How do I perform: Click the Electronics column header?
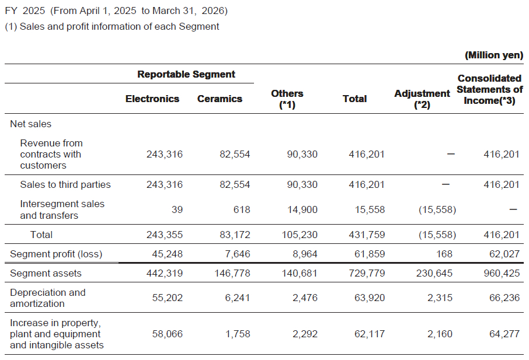tap(152, 99)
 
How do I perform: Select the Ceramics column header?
tap(220, 99)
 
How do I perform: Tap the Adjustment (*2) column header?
tap(422, 99)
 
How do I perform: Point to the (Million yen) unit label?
tap(494, 55)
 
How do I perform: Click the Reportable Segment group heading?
tap(186, 74)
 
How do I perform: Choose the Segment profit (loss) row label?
tap(56, 254)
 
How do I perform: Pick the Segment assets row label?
tap(46, 273)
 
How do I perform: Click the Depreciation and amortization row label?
tap(48, 298)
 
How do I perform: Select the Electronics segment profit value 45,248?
tap(167, 254)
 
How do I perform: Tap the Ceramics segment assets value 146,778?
tap(232, 273)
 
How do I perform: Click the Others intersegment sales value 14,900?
tap(302, 209)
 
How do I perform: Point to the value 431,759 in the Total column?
tap(367, 235)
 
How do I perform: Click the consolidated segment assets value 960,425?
tap(502, 273)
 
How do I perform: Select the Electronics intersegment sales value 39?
tap(177, 209)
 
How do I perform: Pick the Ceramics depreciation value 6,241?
tap(238, 298)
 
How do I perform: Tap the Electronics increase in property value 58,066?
tap(167, 334)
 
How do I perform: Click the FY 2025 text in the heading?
tap(25, 11)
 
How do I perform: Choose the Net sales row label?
tap(31, 124)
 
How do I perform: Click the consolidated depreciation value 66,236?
tap(504, 298)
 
